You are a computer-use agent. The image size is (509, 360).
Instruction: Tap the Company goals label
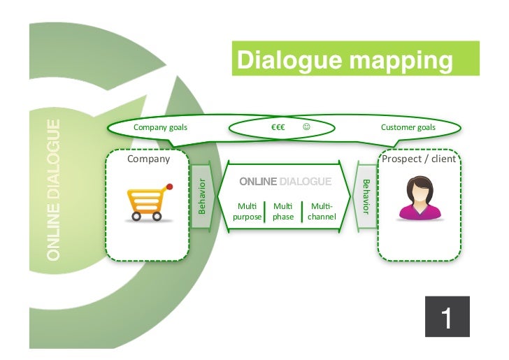(x=160, y=127)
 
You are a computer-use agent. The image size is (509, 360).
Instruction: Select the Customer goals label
(x=408, y=127)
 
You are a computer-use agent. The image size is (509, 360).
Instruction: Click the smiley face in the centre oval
(x=306, y=127)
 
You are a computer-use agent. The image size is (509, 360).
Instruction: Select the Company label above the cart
(x=148, y=159)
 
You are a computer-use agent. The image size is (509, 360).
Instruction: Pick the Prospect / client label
(x=419, y=159)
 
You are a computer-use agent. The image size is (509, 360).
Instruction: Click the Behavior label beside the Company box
(x=202, y=196)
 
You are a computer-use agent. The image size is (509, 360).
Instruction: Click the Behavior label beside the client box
(x=364, y=196)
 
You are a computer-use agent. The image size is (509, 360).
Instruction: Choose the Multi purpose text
(x=248, y=211)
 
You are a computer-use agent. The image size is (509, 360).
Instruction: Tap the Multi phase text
(x=283, y=211)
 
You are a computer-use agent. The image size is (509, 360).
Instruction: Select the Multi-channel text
(x=322, y=211)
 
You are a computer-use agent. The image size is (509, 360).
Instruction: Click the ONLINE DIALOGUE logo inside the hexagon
(x=285, y=182)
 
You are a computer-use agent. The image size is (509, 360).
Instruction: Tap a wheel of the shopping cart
(x=136, y=216)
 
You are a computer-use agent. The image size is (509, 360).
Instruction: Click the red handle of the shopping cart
(x=168, y=187)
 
